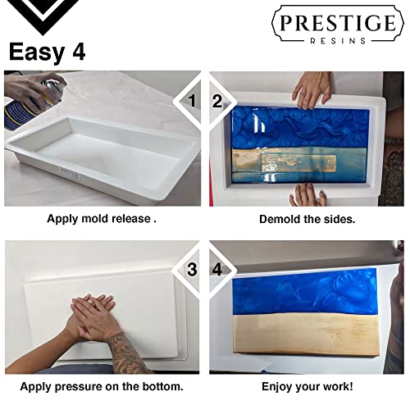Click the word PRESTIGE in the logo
tap(337, 24)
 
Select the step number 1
tap(192, 102)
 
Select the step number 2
tap(217, 102)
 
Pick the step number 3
tap(192, 268)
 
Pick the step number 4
tap(217, 268)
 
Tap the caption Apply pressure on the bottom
tap(102, 385)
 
